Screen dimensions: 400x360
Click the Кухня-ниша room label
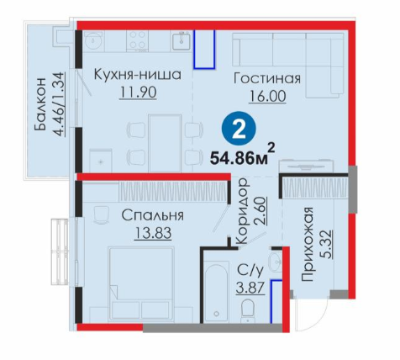click(138, 75)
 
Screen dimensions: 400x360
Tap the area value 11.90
click(138, 93)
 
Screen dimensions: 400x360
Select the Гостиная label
click(267, 78)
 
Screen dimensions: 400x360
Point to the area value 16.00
click(268, 96)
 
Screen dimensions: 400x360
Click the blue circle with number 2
click(239, 128)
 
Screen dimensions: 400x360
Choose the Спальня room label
click(153, 215)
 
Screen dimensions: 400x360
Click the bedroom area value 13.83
click(153, 233)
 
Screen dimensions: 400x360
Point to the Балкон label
click(40, 104)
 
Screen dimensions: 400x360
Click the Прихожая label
click(308, 244)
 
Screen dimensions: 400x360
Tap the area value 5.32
click(326, 245)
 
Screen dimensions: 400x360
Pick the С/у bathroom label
click(250, 271)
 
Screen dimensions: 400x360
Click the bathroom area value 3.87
click(250, 288)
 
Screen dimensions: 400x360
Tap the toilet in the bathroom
click(248, 310)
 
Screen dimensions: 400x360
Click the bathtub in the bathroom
click(217, 292)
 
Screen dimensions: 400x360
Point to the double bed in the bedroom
click(141, 283)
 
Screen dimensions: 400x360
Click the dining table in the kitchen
click(165, 143)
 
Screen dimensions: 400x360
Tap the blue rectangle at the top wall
click(205, 49)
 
